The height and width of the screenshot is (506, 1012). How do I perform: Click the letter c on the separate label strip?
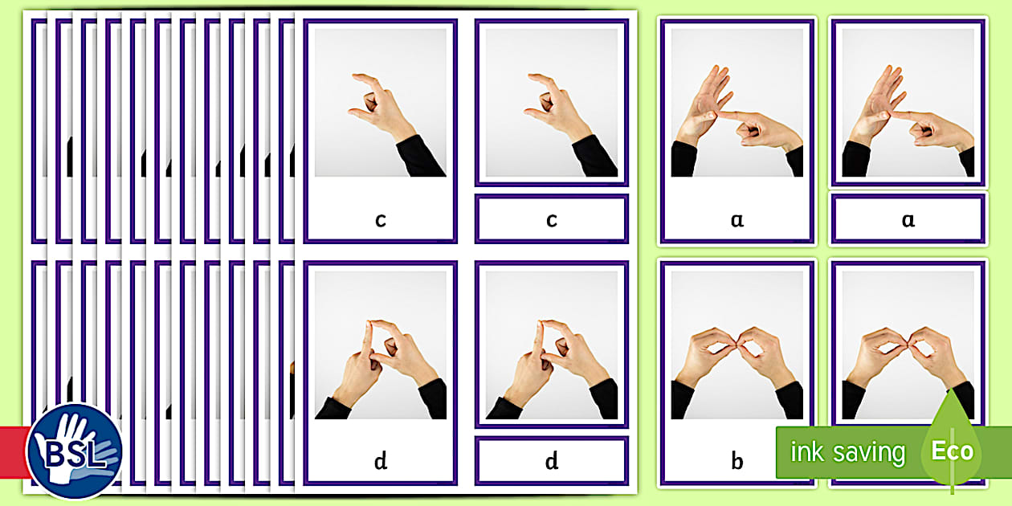[551, 219]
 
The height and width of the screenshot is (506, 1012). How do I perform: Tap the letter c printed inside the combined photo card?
[380, 219]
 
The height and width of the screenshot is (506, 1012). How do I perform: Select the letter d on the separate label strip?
[551, 461]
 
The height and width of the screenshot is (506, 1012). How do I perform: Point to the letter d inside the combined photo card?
[380, 461]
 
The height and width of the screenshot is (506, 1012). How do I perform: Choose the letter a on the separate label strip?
[908, 219]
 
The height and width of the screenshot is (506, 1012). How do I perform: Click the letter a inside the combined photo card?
[737, 219]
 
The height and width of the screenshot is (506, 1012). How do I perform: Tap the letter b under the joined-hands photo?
[737, 461]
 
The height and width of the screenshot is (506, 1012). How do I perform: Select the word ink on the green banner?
[807, 452]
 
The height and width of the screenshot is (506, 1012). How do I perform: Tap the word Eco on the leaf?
[952, 451]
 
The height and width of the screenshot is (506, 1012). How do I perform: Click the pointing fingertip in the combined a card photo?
[722, 116]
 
